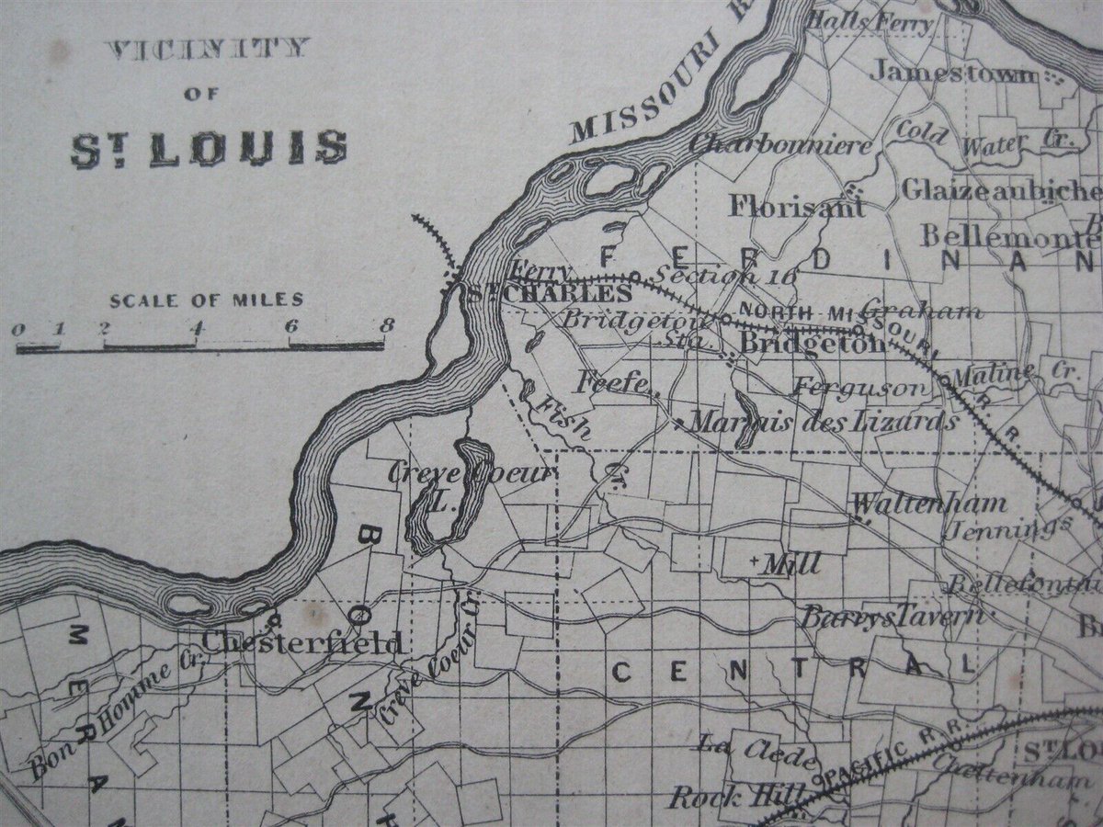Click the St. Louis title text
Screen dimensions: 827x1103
tap(210, 148)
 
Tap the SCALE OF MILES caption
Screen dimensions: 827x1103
tap(207, 300)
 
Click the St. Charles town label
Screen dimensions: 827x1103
tap(550, 294)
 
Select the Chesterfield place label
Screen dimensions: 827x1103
tap(302, 642)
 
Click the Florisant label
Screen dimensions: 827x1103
tap(796, 206)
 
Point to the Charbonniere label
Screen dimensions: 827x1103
tap(780, 143)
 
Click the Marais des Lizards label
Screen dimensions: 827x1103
tap(823, 422)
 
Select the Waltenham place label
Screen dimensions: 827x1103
tap(929, 504)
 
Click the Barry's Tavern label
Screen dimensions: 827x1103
tap(891, 616)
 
